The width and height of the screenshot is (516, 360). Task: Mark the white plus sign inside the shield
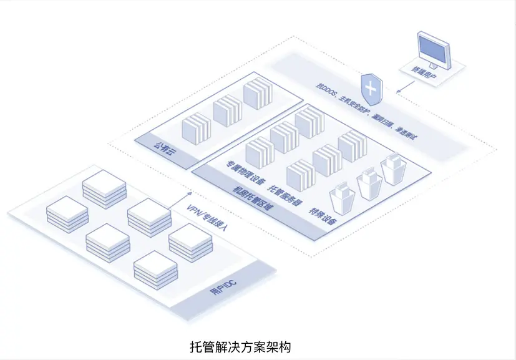[371, 87]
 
